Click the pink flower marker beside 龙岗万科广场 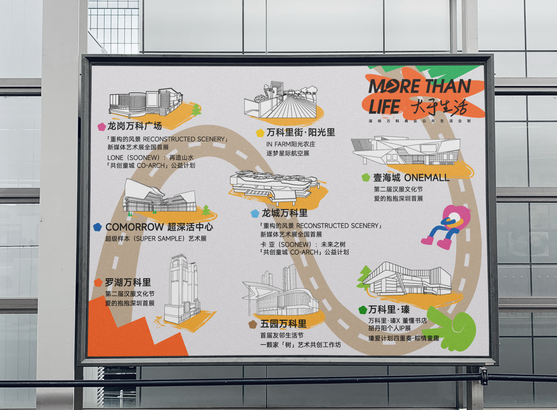coord(102,127)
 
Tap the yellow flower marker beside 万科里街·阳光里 coord(260,133)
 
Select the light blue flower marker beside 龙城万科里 coord(255,214)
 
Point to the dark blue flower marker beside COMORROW coord(97,227)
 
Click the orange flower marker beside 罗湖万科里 coord(98,282)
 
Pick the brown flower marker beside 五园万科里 coord(253,324)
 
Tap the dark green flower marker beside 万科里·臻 coord(363,310)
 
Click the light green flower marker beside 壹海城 coord(366,178)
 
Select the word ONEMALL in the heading coord(427,178)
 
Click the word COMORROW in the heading coord(135,227)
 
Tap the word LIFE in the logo coord(384,106)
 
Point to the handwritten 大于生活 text coord(439,107)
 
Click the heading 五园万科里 coord(283,324)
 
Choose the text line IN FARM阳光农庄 coord(291,144)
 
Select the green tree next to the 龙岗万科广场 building coord(196,110)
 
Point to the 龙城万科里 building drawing coord(274,186)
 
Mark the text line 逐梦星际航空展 coord(288,154)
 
